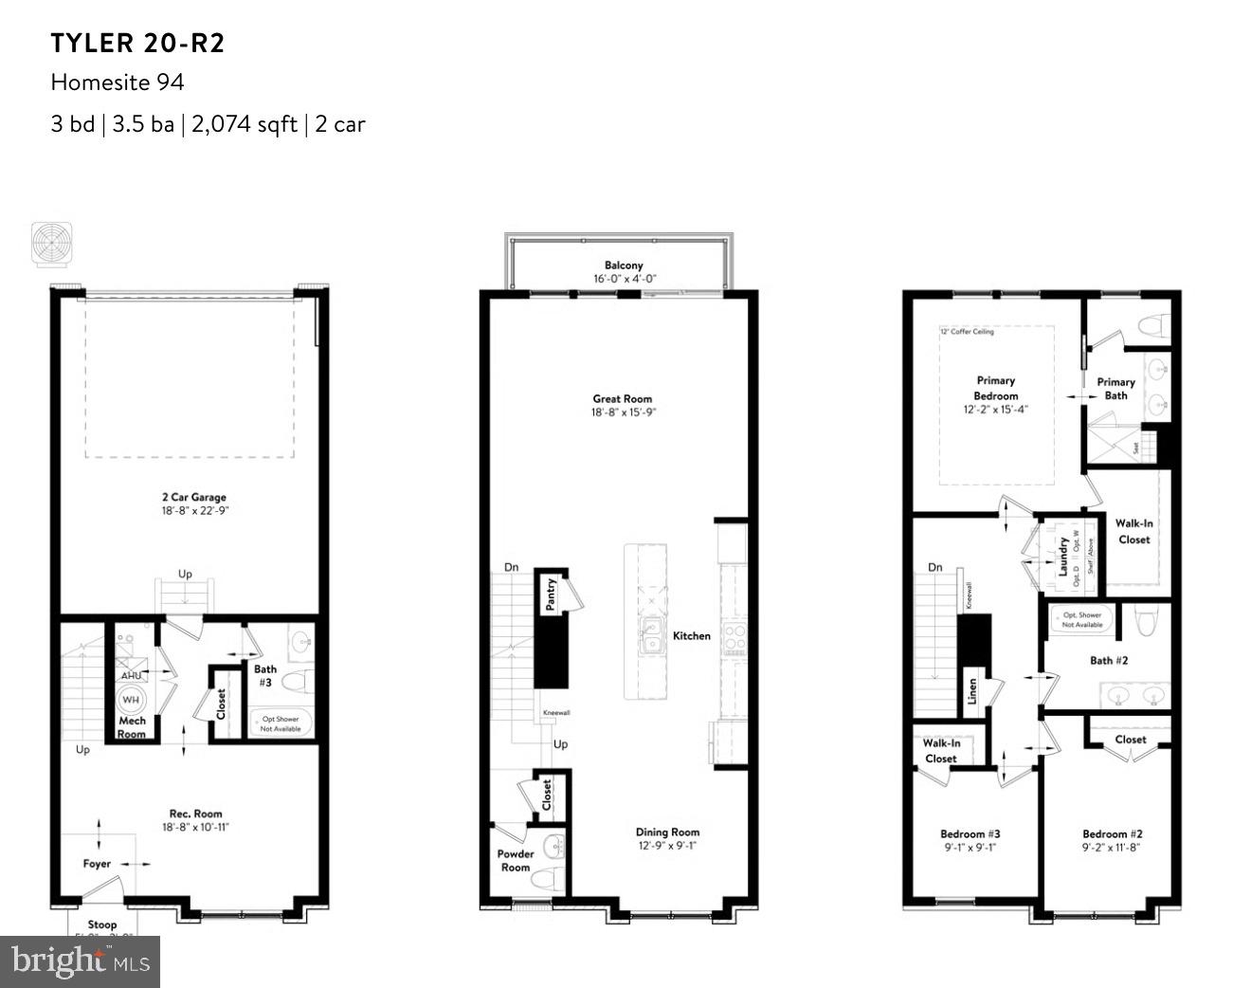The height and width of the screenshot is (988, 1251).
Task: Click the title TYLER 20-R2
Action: (x=138, y=44)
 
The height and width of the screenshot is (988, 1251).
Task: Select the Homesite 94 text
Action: (x=118, y=82)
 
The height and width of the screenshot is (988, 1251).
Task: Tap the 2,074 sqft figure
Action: (x=245, y=124)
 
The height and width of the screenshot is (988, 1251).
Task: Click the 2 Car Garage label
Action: (x=193, y=497)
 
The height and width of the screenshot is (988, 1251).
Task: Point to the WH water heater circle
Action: (x=131, y=701)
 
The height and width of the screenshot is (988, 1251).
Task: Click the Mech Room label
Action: (x=132, y=727)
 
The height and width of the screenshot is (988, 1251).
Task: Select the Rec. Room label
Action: (x=195, y=814)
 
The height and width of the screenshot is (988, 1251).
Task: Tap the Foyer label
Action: (x=97, y=864)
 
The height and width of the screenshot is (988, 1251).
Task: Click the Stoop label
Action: (x=102, y=924)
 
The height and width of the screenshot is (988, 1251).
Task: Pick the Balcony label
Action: (x=624, y=265)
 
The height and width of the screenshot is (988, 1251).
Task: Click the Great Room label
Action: (x=623, y=399)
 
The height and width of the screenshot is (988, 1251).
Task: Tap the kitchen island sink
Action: (x=650, y=635)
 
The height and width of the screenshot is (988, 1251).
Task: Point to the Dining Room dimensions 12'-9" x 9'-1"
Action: (x=667, y=846)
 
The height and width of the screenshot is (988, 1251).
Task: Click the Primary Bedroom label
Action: (x=995, y=388)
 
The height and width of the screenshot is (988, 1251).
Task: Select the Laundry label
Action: (x=1063, y=556)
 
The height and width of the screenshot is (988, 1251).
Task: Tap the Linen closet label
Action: (x=971, y=690)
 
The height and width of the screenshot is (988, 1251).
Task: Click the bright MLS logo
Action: (x=81, y=962)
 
